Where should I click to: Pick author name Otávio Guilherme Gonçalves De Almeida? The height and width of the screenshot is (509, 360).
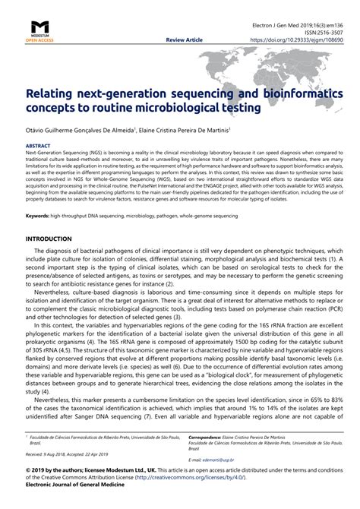(79, 130)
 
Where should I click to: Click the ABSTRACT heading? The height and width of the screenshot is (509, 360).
(38, 143)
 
